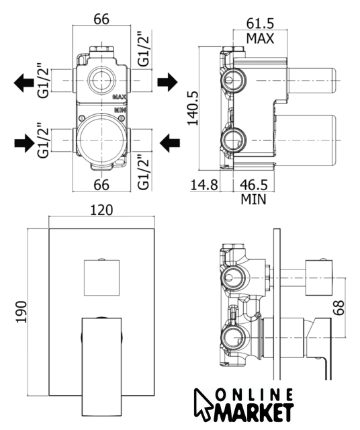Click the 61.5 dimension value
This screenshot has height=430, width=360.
[x=260, y=24]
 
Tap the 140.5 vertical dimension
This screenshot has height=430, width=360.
[x=193, y=107]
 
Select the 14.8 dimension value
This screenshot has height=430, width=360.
[x=204, y=185]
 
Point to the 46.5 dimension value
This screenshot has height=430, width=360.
[x=254, y=185]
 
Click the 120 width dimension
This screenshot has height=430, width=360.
[x=101, y=210]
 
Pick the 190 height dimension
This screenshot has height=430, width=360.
[x=21, y=312]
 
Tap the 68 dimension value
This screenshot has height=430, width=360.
[x=339, y=308]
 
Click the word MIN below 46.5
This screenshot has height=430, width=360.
[x=253, y=200]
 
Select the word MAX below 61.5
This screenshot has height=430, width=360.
[x=260, y=38]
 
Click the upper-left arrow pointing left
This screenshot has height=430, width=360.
[x=24, y=83]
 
